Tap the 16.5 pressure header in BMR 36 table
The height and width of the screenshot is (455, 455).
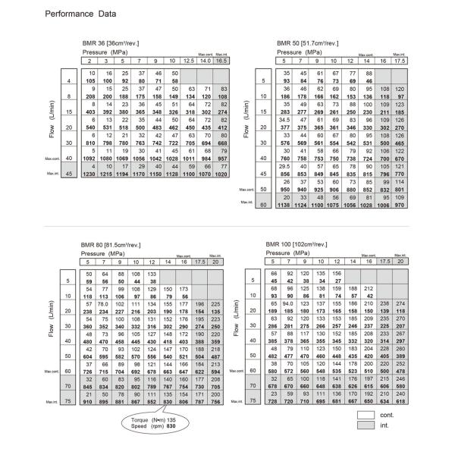coord(220,60)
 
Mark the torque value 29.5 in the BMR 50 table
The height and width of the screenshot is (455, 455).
coord(285,168)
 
